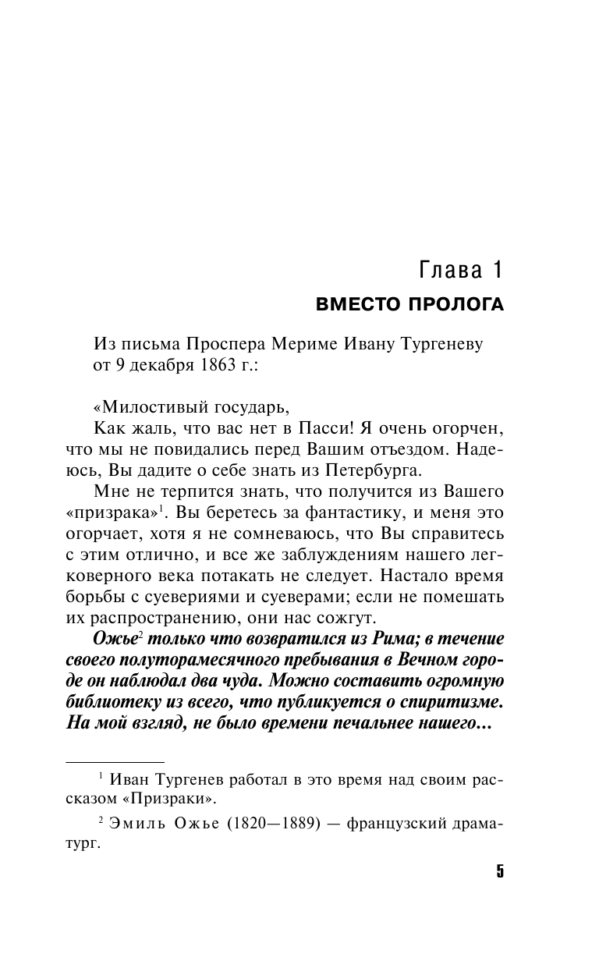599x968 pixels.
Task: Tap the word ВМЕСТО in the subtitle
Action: (356, 305)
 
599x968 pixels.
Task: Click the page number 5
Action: (500, 871)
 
